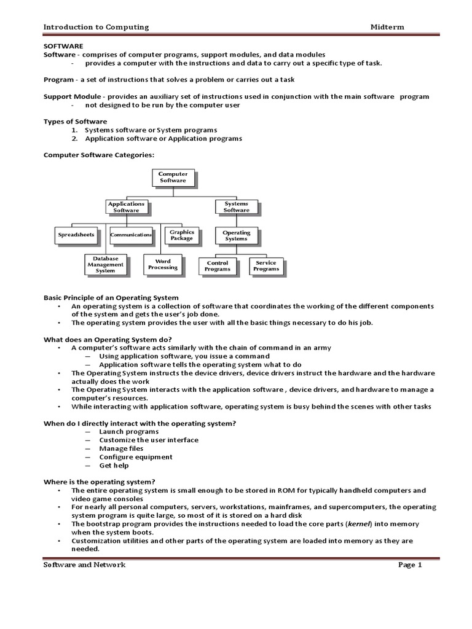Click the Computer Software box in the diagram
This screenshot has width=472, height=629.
point(173,178)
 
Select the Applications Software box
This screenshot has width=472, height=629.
point(126,207)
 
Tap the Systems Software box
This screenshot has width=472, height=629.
point(236,207)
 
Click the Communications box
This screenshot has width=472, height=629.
point(131,235)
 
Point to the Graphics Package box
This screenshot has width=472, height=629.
point(182,235)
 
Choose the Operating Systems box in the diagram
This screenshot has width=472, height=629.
point(236,235)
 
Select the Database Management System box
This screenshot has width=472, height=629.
point(105,265)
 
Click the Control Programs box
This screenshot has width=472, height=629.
point(218,266)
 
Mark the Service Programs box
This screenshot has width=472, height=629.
point(266,266)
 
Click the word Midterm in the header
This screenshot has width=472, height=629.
point(387,27)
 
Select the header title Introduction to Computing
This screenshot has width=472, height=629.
point(95,27)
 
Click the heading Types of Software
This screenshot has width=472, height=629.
point(75,122)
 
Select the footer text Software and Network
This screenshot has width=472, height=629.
point(84,565)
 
